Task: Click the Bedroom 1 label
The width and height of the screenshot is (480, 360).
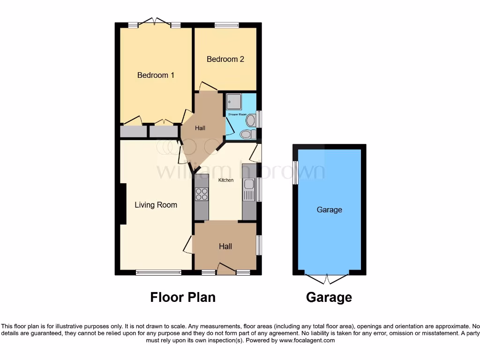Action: [156, 75]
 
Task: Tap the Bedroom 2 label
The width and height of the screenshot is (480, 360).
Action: [225, 59]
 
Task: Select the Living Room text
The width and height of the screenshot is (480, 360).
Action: [156, 204]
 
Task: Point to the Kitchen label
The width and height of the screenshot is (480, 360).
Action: [226, 180]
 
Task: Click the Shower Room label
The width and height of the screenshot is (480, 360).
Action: [237, 114]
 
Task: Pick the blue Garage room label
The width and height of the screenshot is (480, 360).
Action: [329, 210]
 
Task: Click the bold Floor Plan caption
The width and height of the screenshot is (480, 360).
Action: [183, 297]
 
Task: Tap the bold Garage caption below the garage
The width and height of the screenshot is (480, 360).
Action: [329, 297]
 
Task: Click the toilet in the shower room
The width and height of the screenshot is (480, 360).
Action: [246, 135]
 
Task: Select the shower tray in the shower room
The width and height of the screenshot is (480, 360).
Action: [234, 101]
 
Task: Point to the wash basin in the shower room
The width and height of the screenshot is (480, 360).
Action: [250, 120]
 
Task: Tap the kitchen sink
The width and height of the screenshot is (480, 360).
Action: [249, 191]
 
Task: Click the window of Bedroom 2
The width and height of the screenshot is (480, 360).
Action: [226, 25]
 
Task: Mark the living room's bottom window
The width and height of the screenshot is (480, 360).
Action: [158, 272]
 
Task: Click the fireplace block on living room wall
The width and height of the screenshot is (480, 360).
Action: [123, 203]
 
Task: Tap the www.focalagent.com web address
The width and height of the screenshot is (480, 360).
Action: [307, 340]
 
